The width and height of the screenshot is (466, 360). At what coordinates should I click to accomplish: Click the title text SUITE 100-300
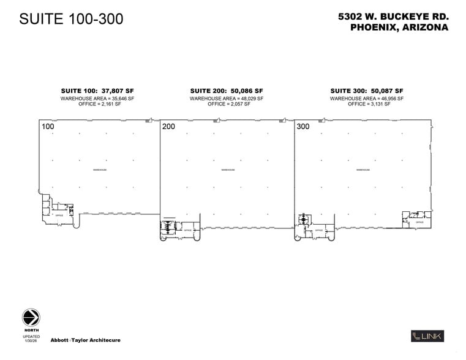71,19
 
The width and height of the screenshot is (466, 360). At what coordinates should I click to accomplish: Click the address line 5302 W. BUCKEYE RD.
393,17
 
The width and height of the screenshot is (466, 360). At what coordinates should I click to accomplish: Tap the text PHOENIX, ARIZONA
399,28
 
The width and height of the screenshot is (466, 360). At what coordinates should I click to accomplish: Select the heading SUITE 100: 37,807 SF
97,91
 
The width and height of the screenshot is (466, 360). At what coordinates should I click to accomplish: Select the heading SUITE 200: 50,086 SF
227,91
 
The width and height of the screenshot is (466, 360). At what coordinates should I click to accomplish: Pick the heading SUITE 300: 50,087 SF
367,91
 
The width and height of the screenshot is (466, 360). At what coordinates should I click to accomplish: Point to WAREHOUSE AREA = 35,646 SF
97,98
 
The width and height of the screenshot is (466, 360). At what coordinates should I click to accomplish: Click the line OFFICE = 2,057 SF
227,104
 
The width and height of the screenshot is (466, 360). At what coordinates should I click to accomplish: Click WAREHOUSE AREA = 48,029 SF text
227,98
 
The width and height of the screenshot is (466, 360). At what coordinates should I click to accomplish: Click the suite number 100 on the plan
48,127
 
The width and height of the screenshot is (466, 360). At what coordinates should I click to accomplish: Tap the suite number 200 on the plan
168,127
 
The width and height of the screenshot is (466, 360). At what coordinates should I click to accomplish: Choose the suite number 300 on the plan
303,127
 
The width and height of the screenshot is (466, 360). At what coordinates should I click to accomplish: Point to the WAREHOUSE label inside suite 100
99,170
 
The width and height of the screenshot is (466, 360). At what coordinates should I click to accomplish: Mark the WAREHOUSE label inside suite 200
228,170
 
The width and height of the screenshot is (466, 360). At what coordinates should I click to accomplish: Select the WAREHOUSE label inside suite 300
364,170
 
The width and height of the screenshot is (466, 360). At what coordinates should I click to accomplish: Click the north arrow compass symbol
31,317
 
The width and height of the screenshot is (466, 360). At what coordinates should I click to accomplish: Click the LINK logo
427,336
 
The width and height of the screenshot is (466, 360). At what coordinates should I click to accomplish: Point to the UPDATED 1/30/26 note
32,339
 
